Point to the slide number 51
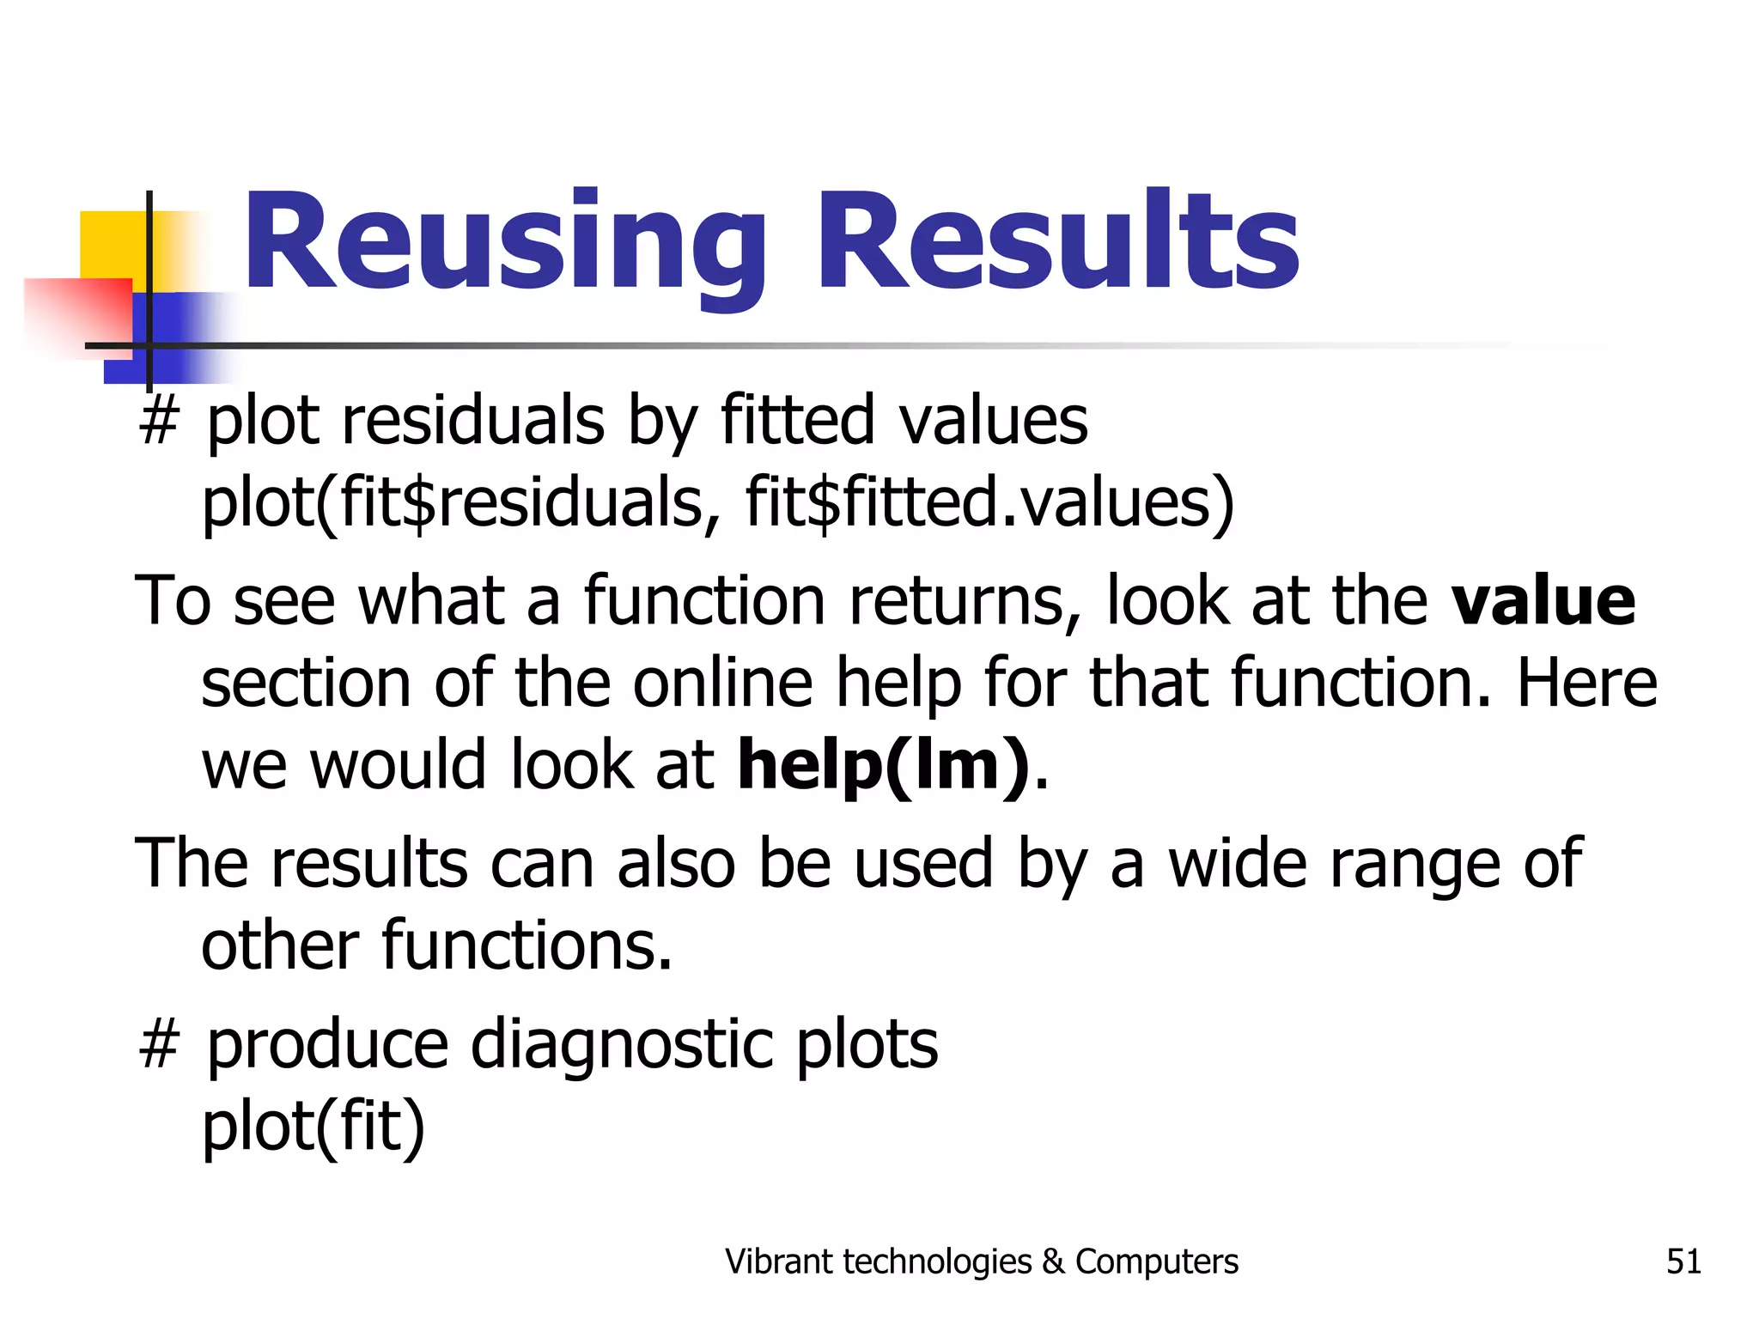pyautogui.click(x=1683, y=1261)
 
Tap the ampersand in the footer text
pyautogui.click(x=1052, y=1261)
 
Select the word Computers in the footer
pyautogui.click(x=1157, y=1261)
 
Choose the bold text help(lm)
pyautogui.click(x=883, y=764)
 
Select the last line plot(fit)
pyautogui.click(x=313, y=1127)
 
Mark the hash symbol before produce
pyautogui.click(x=159, y=1045)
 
